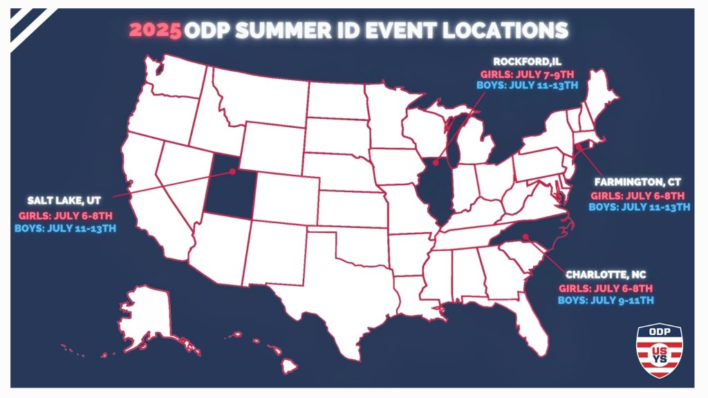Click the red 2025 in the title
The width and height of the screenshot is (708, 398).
tap(156, 30)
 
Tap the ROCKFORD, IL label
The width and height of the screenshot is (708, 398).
tap(528, 61)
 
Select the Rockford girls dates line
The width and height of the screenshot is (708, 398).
tap(528, 73)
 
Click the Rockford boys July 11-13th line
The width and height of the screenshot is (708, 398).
tap(528, 85)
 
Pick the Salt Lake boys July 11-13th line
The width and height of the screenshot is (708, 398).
tap(66, 227)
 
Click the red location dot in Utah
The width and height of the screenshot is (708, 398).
tap(232, 171)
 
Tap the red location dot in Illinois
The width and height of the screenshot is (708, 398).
tap(436, 162)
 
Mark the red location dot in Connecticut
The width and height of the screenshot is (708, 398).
tap(578, 146)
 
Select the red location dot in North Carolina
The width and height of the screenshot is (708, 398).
tap(525, 237)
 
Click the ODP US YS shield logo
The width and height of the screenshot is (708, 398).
tap(658, 351)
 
